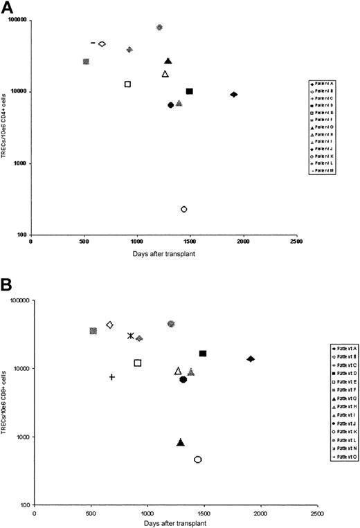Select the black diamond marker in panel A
tap(234, 94)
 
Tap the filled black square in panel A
tap(190, 91)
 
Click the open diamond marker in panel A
tap(102, 44)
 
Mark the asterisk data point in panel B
tap(131, 336)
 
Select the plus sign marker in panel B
tap(112, 376)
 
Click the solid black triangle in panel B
tap(181, 442)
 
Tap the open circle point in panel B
tap(198, 459)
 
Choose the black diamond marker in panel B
tap(251, 358)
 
